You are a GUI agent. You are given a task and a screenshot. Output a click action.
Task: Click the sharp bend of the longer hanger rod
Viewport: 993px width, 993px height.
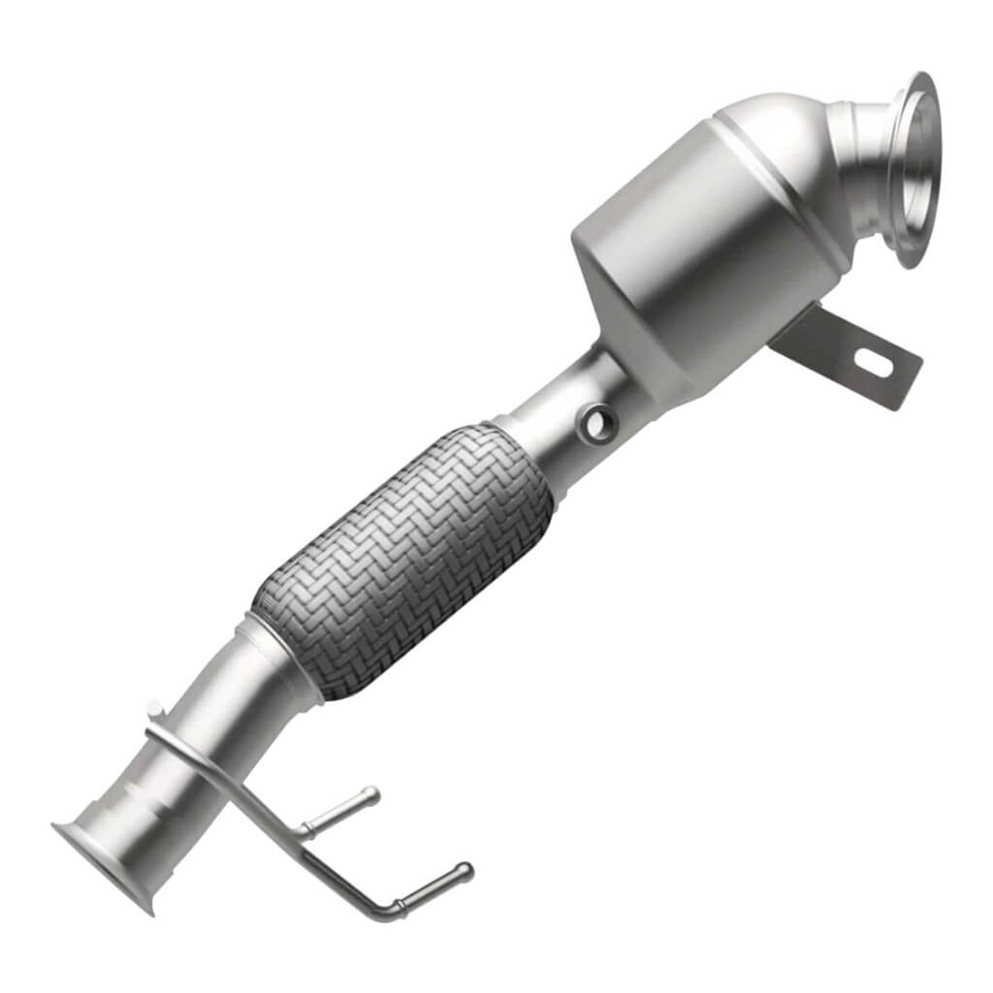(x=392, y=912)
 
